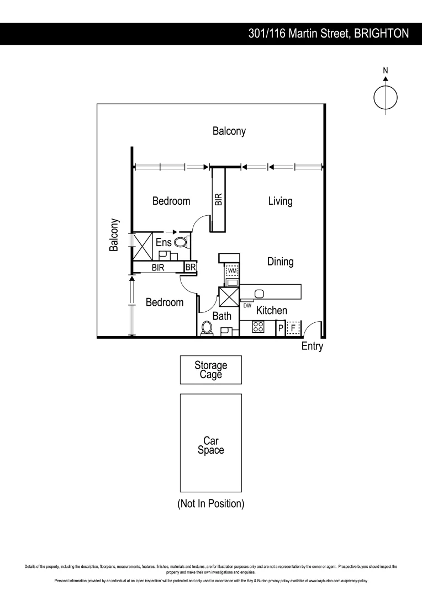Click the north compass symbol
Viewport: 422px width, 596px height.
click(x=385, y=97)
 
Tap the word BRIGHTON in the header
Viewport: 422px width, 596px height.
click(x=381, y=34)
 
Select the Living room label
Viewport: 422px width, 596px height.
click(x=280, y=201)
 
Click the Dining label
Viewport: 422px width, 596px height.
click(x=280, y=262)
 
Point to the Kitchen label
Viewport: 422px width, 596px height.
click(x=271, y=311)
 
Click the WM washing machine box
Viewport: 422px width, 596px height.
click(x=232, y=271)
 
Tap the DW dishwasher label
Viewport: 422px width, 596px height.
click(x=247, y=305)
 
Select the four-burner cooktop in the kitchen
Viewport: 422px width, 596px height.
click(x=258, y=327)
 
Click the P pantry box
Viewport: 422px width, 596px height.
click(x=281, y=328)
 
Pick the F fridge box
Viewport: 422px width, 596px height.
click(x=293, y=328)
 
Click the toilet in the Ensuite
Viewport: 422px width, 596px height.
click(x=181, y=242)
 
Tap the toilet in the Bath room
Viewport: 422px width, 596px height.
click(x=207, y=328)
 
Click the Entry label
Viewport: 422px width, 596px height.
click(x=312, y=347)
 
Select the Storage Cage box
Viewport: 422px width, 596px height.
click(x=210, y=370)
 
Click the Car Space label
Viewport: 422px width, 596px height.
click(x=210, y=445)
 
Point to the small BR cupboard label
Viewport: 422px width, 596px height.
click(x=191, y=267)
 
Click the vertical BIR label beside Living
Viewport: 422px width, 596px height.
click(x=219, y=199)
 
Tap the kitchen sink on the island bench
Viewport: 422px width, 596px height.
click(x=260, y=292)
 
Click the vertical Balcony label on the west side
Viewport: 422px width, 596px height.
click(x=114, y=235)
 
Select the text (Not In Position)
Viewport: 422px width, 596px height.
click(x=210, y=504)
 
